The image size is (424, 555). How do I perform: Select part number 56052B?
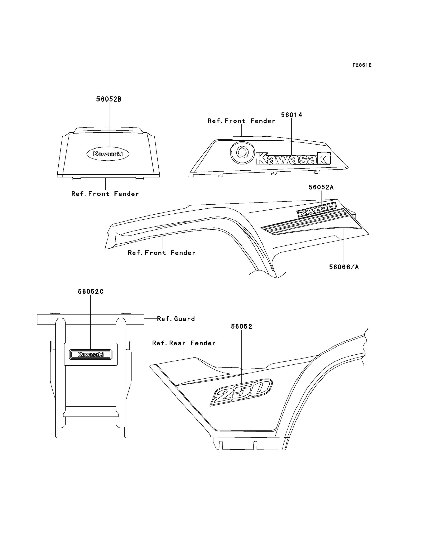click(109, 99)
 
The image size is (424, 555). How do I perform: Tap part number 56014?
click(291, 115)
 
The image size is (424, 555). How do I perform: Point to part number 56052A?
click(321, 187)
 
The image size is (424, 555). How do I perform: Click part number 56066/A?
click(344, 267)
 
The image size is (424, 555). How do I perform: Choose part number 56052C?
click(91, 292)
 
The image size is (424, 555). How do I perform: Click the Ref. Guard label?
click(176, 319)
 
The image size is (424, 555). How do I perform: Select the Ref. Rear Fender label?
click(184, 343)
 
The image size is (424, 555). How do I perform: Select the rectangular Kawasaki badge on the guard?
click(91, 354)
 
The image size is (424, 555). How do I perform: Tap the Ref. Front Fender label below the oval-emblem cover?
click(105, 194)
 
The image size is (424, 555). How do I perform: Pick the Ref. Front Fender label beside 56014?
click(241, 121)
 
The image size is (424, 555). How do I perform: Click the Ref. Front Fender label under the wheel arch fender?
click(161, 253)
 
